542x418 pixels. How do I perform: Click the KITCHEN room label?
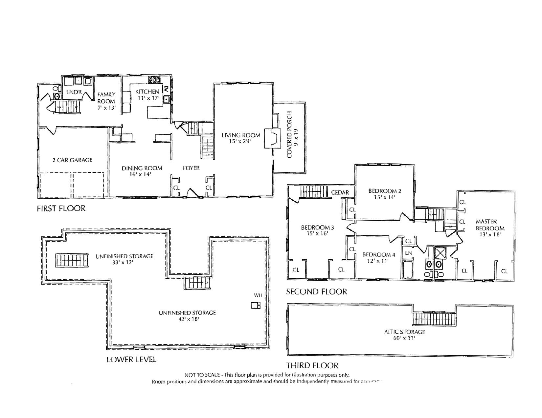(147, 91)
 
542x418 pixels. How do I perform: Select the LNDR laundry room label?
(74, 92)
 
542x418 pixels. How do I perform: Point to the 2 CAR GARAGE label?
(72, 160)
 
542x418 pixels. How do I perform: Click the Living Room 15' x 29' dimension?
(240, 141)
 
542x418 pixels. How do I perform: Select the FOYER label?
(191, 168)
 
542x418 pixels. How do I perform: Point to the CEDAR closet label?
(340, 192)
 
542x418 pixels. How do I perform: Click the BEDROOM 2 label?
(385, 191)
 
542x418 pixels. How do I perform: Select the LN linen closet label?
(408, 253)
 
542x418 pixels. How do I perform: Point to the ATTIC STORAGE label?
(404, 332)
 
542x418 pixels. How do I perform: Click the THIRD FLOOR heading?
(312, 365)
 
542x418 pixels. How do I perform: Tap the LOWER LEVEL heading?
(131, 359)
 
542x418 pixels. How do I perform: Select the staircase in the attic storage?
(434, 318)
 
